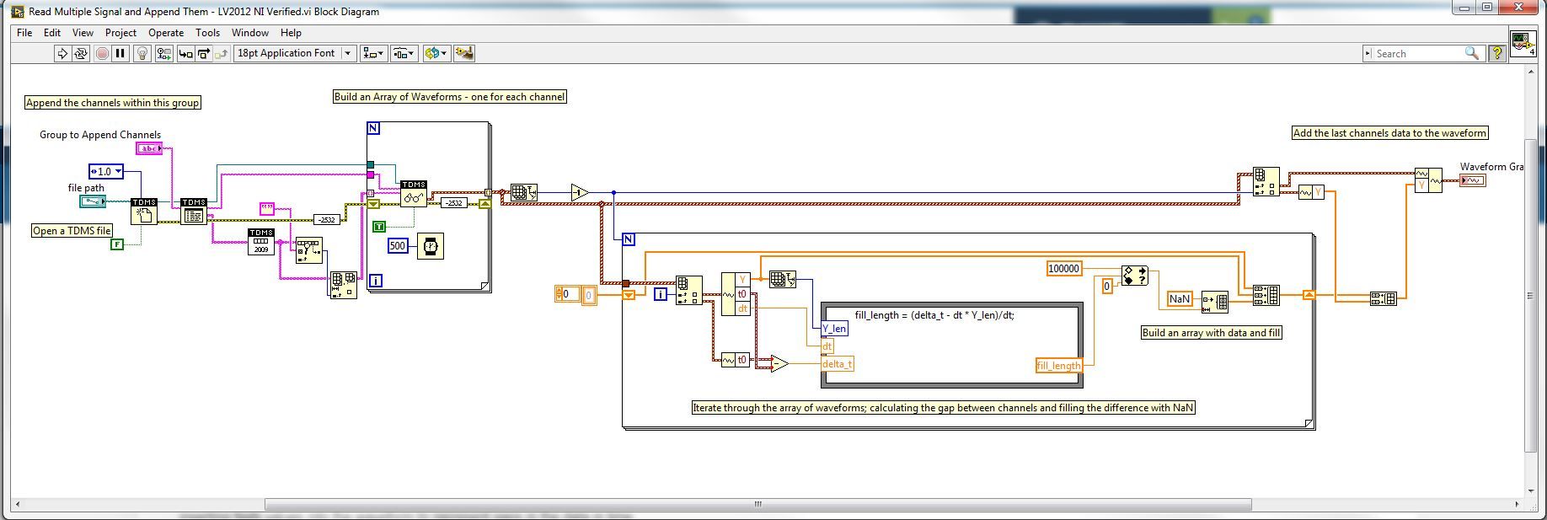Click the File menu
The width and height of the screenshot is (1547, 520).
coord(24,33)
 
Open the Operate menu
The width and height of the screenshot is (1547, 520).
coord(165,33)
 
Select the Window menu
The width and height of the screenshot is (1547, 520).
coord(249,33)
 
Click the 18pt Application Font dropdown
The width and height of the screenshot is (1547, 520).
coord(294,53)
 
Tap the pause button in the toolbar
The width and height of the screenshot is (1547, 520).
coord(120,53)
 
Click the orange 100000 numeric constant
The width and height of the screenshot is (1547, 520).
coord(1063,269)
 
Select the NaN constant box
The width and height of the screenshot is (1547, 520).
coord(1179,298)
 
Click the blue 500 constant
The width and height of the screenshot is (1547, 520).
coord(398,246)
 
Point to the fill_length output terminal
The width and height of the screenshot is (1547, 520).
coord(1058,366)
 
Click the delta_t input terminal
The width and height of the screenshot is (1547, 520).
coord(837,364)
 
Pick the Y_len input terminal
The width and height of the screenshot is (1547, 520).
coord(834,329)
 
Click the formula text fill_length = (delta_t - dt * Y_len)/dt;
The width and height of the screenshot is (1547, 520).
coord(934,315)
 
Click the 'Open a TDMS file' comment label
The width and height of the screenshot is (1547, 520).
coord(72,231)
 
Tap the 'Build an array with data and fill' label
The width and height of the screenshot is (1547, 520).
coord(1211,333)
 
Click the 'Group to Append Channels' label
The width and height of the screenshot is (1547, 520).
coord(100,135)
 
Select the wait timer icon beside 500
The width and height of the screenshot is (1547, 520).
coord(430,246)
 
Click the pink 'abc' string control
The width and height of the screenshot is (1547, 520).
coord(149,149)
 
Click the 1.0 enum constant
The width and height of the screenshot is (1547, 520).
coord(106,172)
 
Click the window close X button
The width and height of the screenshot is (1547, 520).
coord(1525,8)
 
